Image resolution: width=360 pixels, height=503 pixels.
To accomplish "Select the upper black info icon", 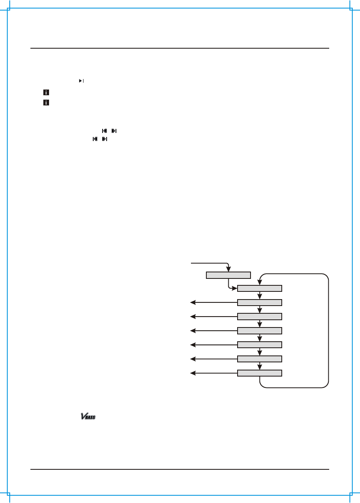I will tap(46, 93).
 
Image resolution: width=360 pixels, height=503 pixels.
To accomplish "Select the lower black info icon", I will tap(46, 103).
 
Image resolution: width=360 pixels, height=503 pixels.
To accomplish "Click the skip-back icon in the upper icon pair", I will tap(104, 131).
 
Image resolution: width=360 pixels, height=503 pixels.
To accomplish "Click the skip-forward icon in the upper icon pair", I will tap(114, 131).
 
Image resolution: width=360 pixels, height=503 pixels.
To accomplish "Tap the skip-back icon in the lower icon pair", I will tap(95, 139).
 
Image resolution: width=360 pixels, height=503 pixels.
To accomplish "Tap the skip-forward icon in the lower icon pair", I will tap(105, 139).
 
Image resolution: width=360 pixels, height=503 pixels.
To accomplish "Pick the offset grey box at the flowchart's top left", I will tap(229, 275).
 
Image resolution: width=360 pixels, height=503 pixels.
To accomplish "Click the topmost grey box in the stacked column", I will tap(259, 289).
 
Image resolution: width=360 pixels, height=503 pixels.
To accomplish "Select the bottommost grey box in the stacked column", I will tap(259, 373).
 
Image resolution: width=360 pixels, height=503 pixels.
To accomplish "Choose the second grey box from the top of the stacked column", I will tap(259, 302).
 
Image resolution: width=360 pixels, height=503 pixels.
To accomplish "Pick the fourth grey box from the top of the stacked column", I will tap(259, 331).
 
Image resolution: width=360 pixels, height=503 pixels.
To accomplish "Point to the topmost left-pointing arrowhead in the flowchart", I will tap(193, 302).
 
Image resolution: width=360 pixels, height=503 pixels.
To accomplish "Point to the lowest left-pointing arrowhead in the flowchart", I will tap(193, 373).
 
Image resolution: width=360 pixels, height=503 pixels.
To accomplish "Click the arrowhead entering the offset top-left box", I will tap(229, 269).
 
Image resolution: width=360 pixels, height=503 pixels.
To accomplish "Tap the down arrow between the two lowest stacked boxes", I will tap(259, 366).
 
